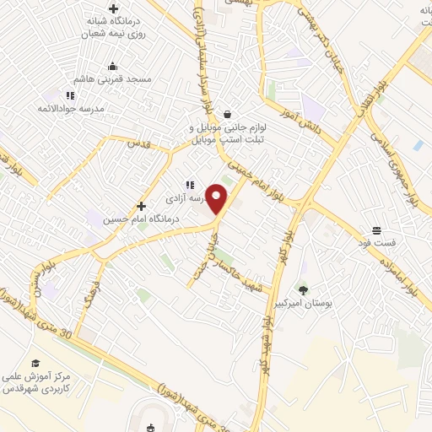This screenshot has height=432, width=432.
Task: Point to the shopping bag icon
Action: click(x=228, y=114)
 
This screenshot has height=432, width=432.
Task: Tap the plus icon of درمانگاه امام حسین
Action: click(x=141, y=205)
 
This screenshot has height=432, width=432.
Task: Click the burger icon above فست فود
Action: click(x=375, y=230)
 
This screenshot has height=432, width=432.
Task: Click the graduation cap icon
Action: click(x=35, y=363)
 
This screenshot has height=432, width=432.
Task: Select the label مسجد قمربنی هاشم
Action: click(x=112, y=79)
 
